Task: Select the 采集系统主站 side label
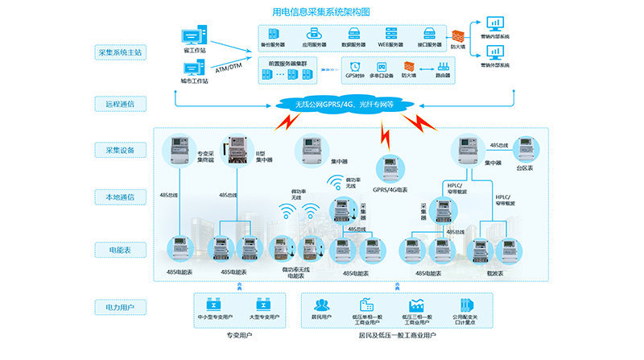tap(120, 53)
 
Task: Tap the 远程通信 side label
tap(120, 103)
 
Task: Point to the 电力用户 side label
tap(120, 307)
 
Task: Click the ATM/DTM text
tap(229, 66)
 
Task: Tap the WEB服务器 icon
tap(392, 33)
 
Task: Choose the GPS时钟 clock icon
tap(355, 66)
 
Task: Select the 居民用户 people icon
tap(323, 306)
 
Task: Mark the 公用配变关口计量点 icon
tap(469, 306)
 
